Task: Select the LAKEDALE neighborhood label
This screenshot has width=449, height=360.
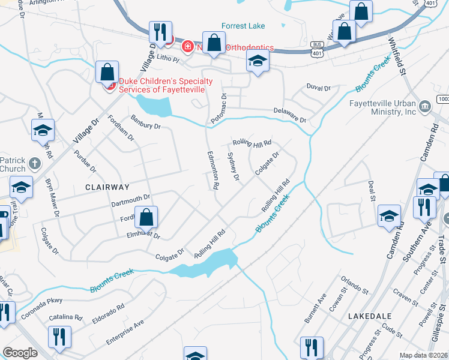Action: click(370, 316)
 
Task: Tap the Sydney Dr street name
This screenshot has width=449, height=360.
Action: click(234, 166)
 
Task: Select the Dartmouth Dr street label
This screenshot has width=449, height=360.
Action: click(130, 200)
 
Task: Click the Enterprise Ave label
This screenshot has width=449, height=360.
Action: click(125, 332)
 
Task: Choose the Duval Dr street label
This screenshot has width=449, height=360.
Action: click(318, 88)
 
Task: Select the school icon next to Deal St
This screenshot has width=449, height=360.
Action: click(389, 215)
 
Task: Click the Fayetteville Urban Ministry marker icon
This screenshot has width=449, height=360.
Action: click(426, 106)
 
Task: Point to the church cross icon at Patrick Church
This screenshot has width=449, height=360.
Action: click(35, 163)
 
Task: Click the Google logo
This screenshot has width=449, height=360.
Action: click(20, 353)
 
